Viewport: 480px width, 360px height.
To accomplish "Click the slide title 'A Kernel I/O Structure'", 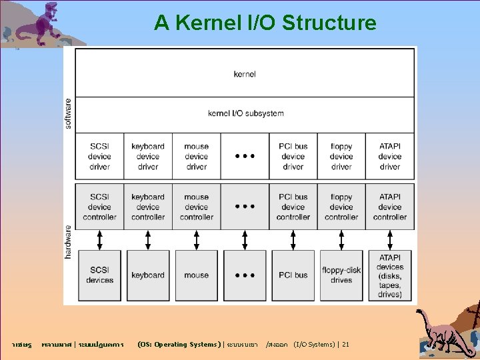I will point(265,23).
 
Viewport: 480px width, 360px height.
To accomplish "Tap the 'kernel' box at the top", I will point(245,73).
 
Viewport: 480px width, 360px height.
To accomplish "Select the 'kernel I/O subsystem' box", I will point(245,113).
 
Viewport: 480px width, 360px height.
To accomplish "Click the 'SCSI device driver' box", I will point(99,157).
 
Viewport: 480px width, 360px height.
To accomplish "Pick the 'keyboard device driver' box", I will point(148,157).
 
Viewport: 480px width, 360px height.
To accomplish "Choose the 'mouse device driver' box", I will point(196,157).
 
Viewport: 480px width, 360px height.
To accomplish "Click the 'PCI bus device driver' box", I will point(293,157).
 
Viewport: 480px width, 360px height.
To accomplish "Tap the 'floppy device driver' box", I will point(341,157).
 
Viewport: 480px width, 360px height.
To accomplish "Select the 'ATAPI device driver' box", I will point(390,157).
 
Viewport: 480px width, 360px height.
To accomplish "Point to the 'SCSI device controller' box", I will point(99,207).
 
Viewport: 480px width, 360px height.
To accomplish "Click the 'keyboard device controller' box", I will point(148,207).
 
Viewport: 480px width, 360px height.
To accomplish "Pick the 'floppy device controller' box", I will point(341,207).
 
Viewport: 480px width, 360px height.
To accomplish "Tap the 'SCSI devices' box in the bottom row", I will point(99,275).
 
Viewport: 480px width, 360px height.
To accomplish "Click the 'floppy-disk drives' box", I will point(341,275).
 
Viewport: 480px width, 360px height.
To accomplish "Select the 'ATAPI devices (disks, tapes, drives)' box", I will point(390,275).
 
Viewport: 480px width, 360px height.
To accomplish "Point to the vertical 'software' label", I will point(69,113).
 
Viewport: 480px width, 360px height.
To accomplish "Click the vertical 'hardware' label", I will point(69,241).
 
